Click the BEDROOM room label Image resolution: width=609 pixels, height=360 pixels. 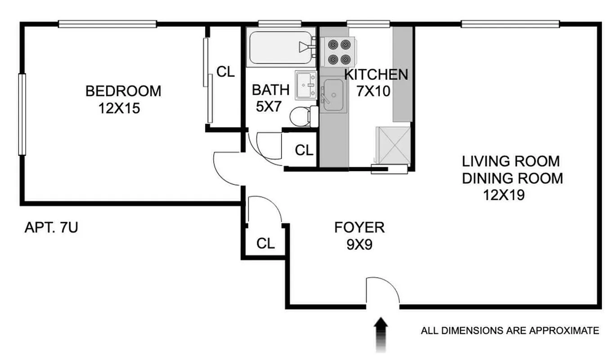pos(123,91)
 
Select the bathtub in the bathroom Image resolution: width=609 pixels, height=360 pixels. pos(279,47)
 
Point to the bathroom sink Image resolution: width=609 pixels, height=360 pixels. pos(306,85)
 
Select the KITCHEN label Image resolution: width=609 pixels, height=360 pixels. pos(376,74)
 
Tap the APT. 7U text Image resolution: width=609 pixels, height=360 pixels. pos(51,228)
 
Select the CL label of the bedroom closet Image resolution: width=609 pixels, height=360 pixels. pos(225,72)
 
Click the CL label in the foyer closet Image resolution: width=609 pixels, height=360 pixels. pos(265,243)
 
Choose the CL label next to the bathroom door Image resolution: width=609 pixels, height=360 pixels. pos(304,151)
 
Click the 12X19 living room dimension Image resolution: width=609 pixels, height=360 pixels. pos(504,195)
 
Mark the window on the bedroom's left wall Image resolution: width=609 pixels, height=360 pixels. pos(21,114)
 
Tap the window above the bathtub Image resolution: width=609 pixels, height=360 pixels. pos(279,23)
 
